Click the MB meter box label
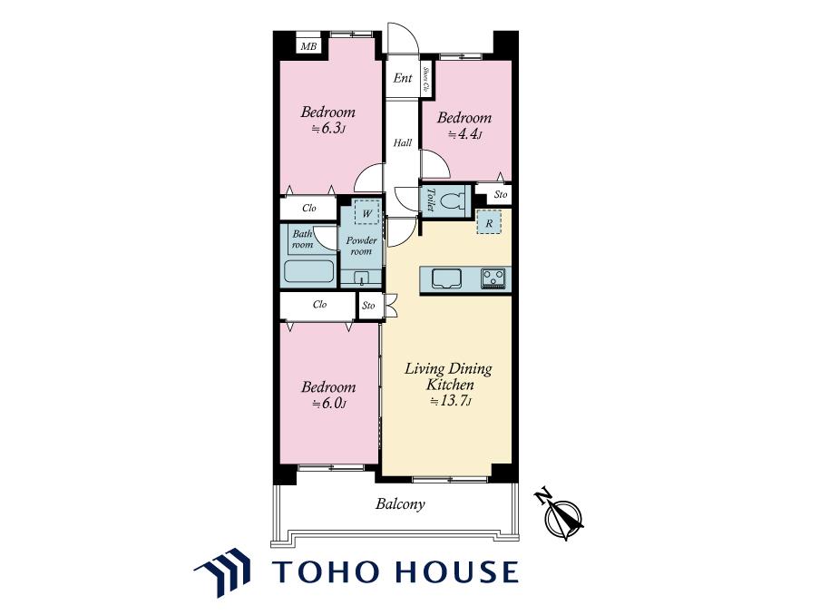click(x=308, y=46)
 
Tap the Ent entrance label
click(x=403, y=78)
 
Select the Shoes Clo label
click(x=426, y=80)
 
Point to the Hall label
click(x=403, y=142)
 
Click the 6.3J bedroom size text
click(x=327, y=129)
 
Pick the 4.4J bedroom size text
click(x=464, y=134)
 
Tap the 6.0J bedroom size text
click(x=329, y=404)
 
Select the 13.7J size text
click(x=451, y=402)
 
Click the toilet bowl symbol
click(x=453, y=200)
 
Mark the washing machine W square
click(x=367, y=213)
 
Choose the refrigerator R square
click(x=489, y=222)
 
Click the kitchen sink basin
click(x=446, y=278)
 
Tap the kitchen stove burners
click(x=493, y=278)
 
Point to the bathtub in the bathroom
click(x=309, y=271)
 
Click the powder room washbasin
click(x=361, y=278)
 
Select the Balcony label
click(x=400, y=504)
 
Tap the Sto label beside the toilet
click(x=501, y=194)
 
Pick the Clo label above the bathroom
click(x=309, y=208)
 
